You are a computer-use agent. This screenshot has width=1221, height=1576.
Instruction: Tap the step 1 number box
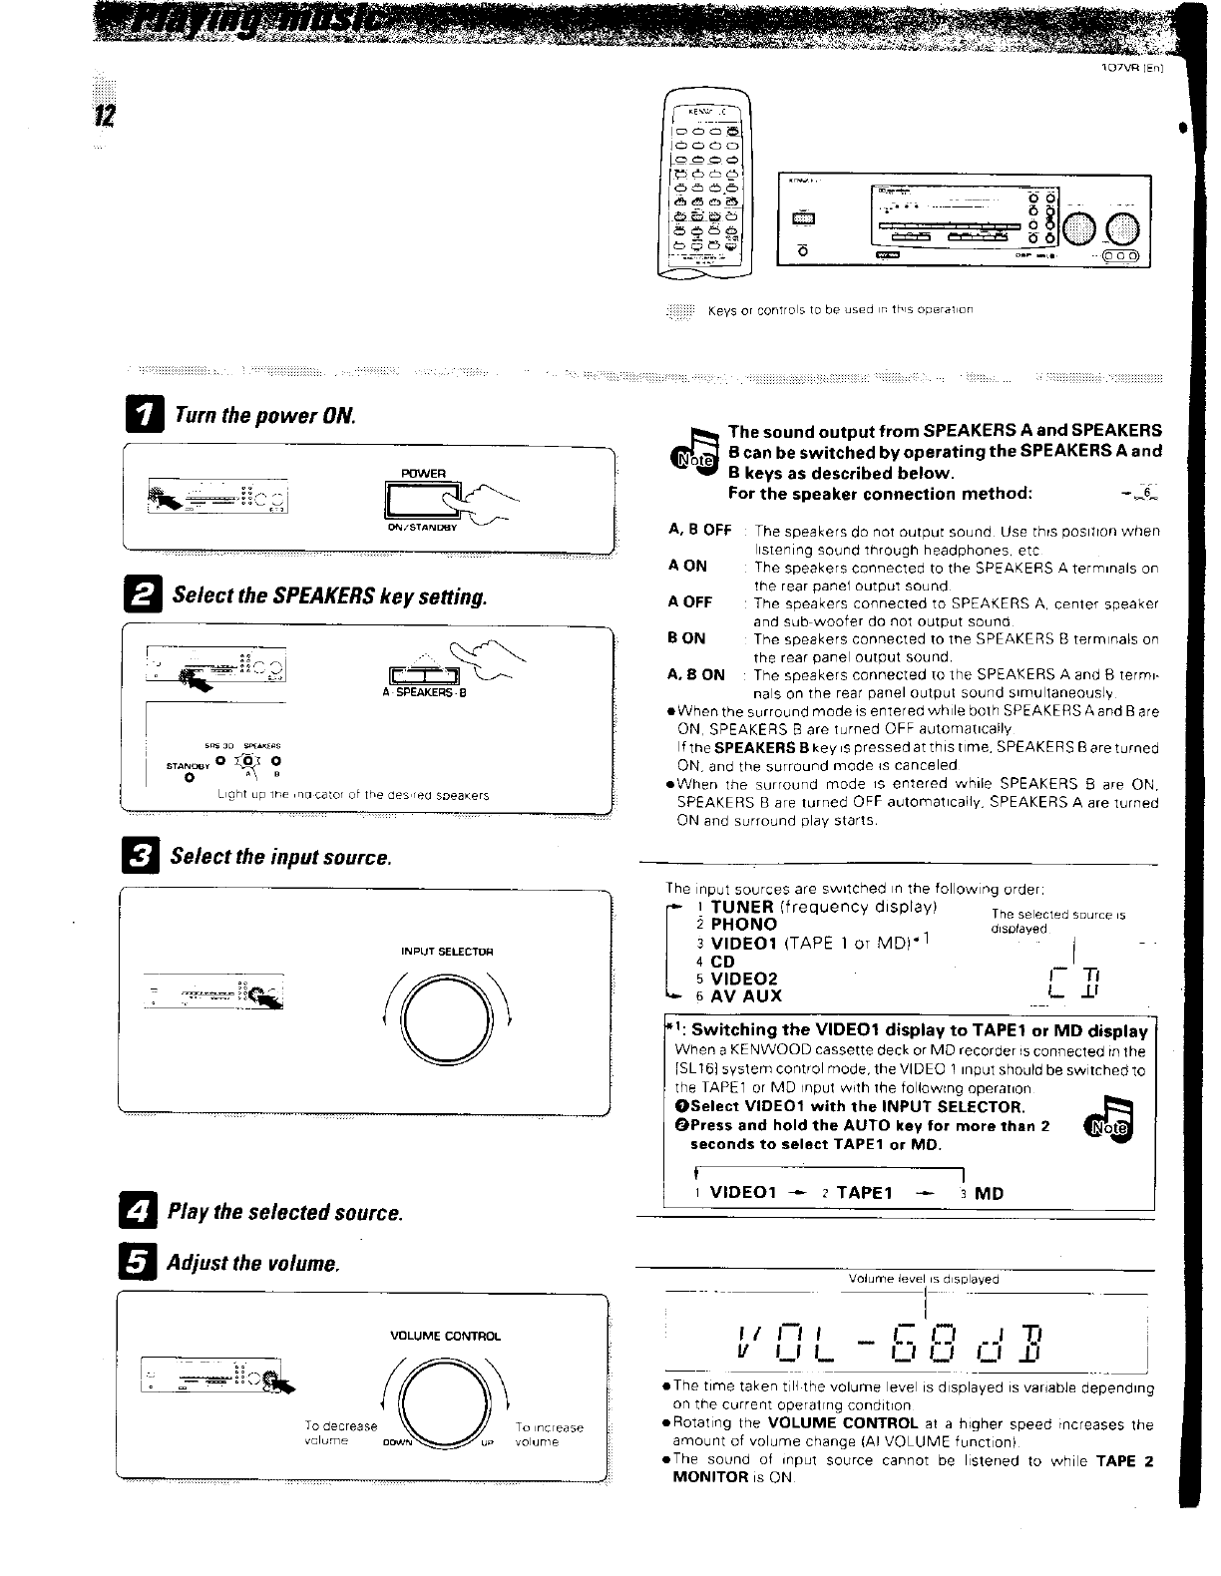[147, 415]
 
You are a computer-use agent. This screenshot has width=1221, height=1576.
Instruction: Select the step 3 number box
[144, 857]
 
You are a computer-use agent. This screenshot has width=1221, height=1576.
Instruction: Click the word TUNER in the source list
[741, 907]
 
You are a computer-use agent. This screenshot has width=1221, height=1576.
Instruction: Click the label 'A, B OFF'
[699, 531]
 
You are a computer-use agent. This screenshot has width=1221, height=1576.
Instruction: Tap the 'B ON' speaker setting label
[686, 638]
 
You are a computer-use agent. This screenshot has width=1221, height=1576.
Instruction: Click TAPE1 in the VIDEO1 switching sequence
[864, 1194]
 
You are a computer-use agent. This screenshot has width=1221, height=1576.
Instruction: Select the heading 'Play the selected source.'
[285, 1213]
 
